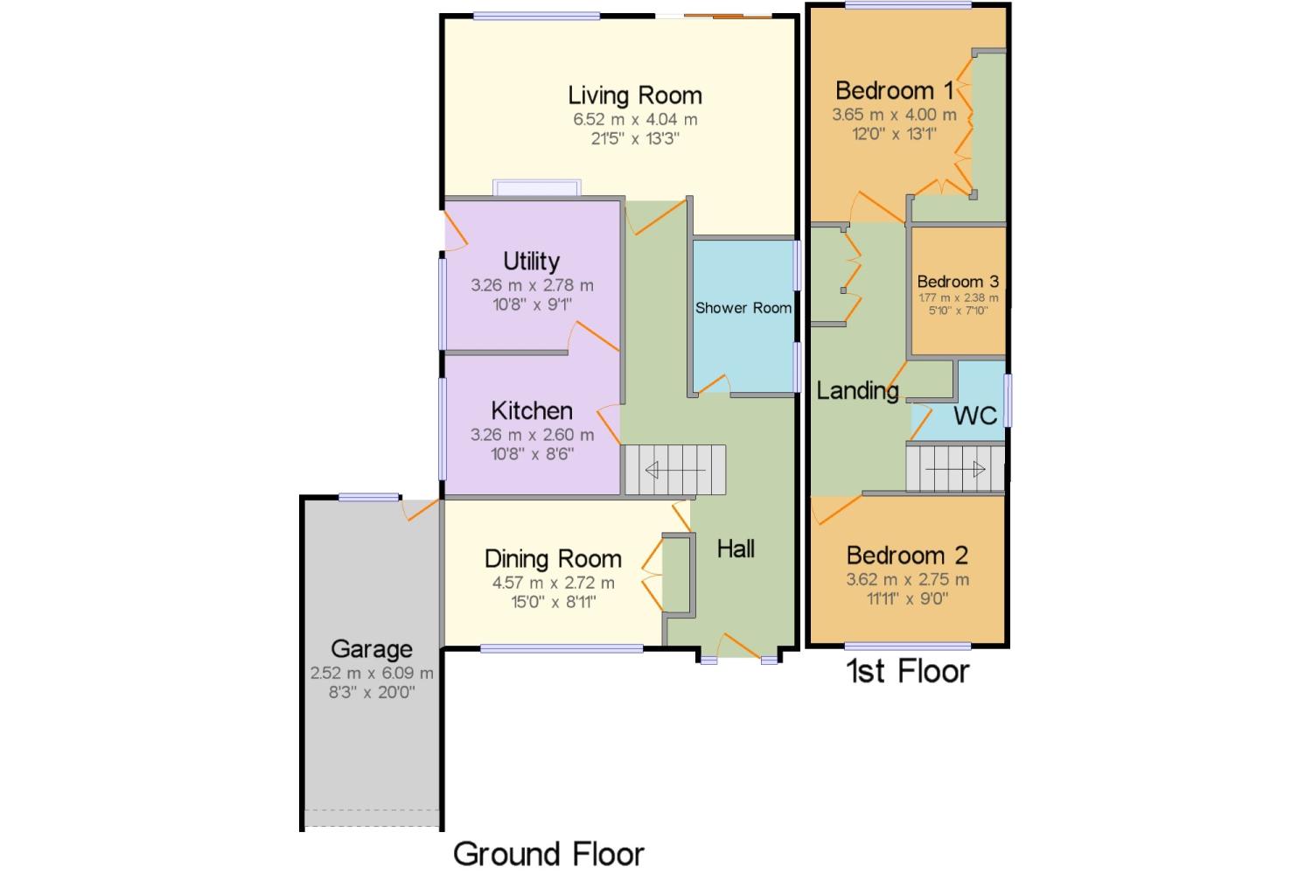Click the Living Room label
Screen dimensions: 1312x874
[635, 95]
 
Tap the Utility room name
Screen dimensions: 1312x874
[531, 262]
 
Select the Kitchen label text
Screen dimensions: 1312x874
[532, 411]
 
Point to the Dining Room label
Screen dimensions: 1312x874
[553, 559]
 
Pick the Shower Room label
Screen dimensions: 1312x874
[743, 308]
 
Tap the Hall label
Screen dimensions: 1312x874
[736, 549]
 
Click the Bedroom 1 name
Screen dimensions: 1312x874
[895, 91]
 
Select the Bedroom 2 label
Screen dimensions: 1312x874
[907, 556]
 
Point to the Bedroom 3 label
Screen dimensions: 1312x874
[959, 282]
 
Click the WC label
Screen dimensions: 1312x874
[975, 416]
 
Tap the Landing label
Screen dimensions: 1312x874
[857, 391]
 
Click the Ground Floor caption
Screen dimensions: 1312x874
[548, 854]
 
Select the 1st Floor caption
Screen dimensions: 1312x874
[908, 671]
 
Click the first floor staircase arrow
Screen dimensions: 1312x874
[955, 469]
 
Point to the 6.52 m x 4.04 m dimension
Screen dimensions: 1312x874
[635, 120]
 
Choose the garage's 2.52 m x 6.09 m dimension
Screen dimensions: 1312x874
[372, 673]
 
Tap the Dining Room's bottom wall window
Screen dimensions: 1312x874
[562, 648]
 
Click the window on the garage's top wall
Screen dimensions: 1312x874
[369, 497]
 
